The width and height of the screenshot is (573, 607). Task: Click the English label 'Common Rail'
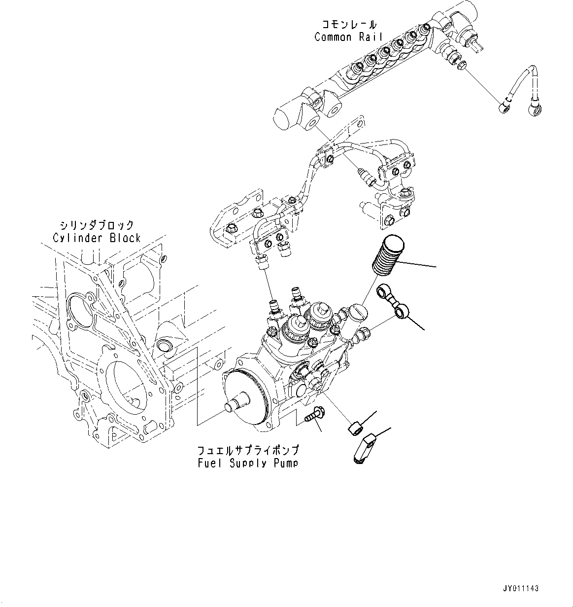click(348, 37)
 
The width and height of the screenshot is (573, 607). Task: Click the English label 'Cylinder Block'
click(97, 238)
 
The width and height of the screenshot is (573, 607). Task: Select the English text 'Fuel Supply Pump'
click(246, 463)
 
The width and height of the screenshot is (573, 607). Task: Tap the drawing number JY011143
click(521, 588)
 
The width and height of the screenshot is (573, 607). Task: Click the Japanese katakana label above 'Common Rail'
click(349, 24)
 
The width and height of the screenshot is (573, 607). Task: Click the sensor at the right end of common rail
click(473, 40)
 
